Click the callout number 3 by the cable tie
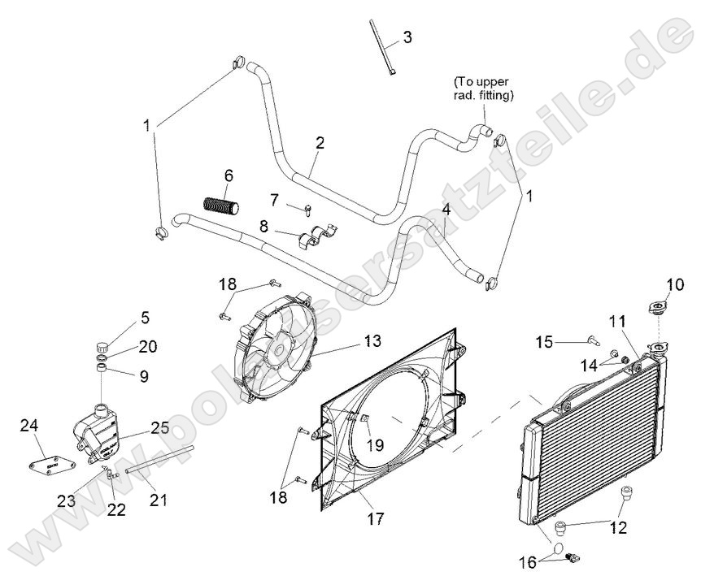coord(407,37)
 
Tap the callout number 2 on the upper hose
coord(320,143)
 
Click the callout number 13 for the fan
coord(372,341)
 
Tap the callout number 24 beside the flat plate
coord(29,425)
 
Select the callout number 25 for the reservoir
coord(159,427)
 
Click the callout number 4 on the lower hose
coord(446,210)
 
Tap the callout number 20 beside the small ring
coord(146,347)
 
